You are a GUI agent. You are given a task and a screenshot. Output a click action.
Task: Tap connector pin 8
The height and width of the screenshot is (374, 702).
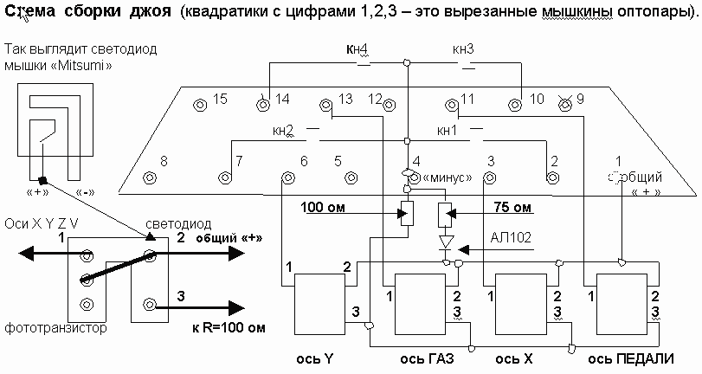pos(149,178)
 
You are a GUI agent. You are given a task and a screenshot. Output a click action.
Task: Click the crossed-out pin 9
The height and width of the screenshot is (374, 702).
pos(566,104)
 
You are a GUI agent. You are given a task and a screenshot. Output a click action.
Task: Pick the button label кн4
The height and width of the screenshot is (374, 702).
pos(356,50)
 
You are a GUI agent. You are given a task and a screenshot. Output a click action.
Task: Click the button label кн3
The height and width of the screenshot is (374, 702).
pos(462,50)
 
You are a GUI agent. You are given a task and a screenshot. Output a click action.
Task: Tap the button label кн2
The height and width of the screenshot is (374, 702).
pos(283,131)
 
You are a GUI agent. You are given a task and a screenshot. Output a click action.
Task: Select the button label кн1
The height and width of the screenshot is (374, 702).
pos(448,131)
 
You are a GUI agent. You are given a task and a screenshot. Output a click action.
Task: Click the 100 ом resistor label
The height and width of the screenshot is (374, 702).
pos(324,208)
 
